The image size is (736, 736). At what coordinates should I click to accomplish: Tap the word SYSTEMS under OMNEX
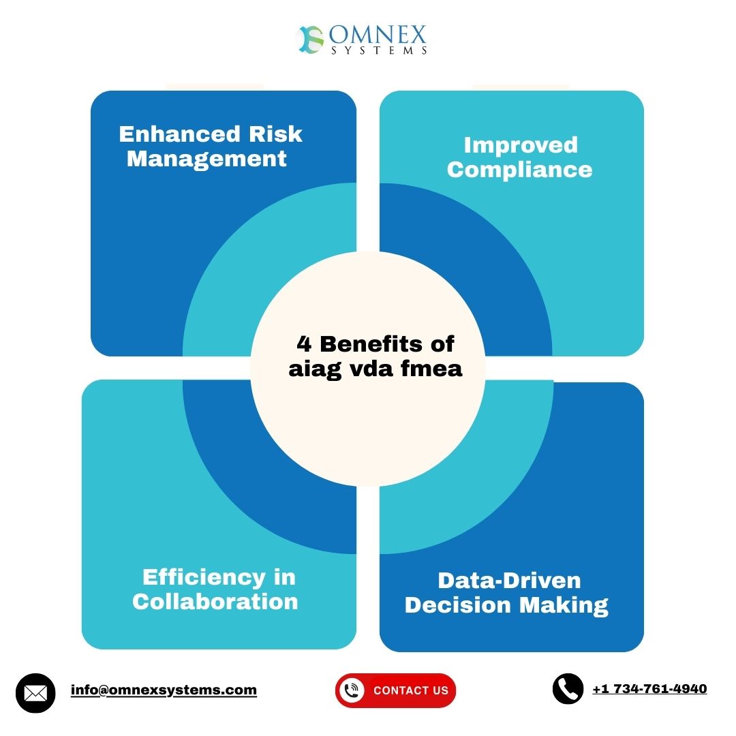click(x=380, y=50)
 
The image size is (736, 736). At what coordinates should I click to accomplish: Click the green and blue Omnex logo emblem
click(x=311, y=40)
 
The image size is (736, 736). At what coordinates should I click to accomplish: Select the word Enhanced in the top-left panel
click(x=180, y=134)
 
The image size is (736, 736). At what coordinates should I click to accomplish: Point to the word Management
click(x=206, y=159)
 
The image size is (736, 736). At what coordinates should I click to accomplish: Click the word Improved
click(x=521, y=146)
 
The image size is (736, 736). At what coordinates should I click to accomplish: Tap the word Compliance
click(x=519, y=170)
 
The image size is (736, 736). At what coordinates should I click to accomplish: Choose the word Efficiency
click(x=204, y=578)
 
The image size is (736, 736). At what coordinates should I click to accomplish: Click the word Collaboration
click(x=215, y=602)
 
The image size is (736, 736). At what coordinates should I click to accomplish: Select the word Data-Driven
click(x=509, y=581)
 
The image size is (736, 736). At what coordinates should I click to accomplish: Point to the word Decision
click(x=458, y=605)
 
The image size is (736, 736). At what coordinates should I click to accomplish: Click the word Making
click(x=564, y=606)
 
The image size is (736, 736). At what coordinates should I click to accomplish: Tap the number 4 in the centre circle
click(x=304, y=344)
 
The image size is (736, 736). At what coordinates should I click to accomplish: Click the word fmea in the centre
click(x=431, y=369)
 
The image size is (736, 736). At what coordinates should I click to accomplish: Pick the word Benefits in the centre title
click(x=371, y=344)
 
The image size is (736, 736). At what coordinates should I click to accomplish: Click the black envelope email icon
click(x=35, y=693)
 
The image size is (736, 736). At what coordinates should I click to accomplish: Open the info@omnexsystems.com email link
click(x=164, y=690)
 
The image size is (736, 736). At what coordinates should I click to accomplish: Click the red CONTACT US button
click(x=395, y=690)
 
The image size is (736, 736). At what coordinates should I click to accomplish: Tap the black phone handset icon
click(x=568, y=689)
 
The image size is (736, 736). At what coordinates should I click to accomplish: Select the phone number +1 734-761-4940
click(x=649, y=688)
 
